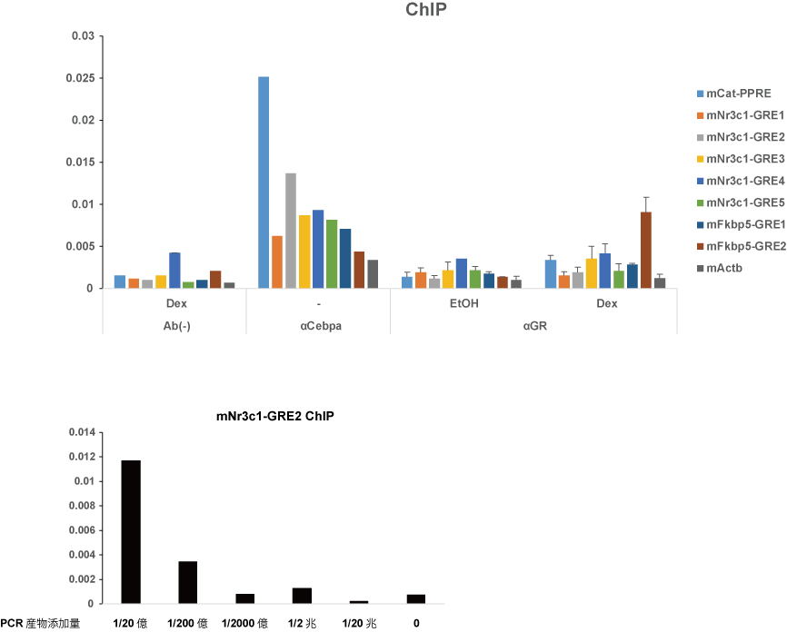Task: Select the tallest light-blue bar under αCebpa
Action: (x=264, y=182)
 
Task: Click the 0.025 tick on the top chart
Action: (x=81, y=78)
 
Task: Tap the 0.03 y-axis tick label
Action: (x=84, y=36)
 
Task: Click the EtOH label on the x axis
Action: (x=463, y=304)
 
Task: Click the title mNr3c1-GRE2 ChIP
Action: (x=275, y=418)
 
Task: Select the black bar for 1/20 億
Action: (x=132, y=531)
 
